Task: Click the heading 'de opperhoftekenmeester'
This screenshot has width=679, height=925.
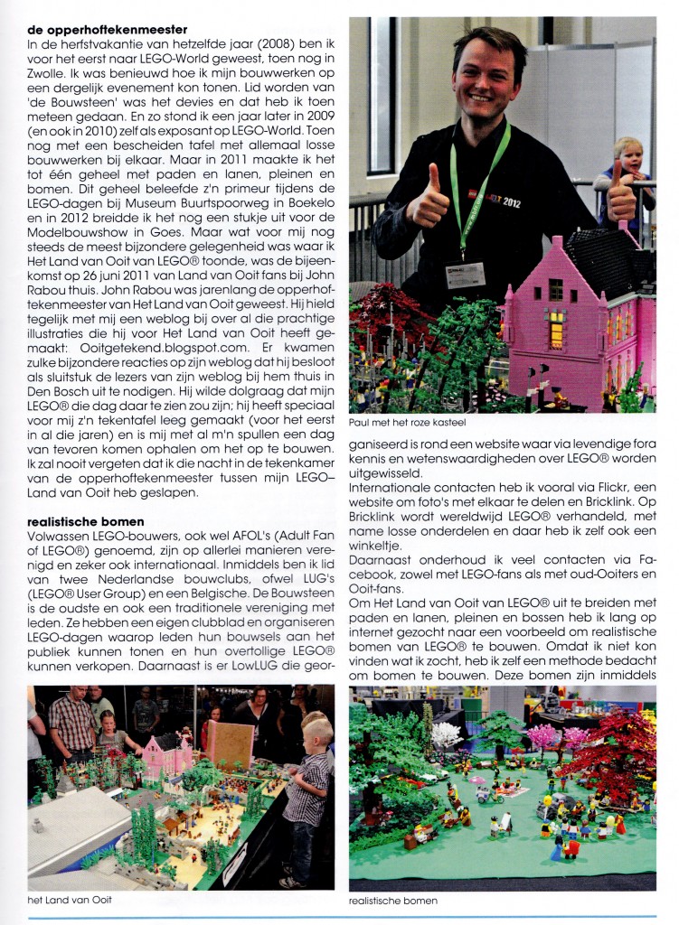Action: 107,29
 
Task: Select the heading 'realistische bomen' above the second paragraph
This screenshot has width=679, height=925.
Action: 85,521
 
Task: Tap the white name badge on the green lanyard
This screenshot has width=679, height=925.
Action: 465,272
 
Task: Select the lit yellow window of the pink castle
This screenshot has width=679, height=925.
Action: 555,329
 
